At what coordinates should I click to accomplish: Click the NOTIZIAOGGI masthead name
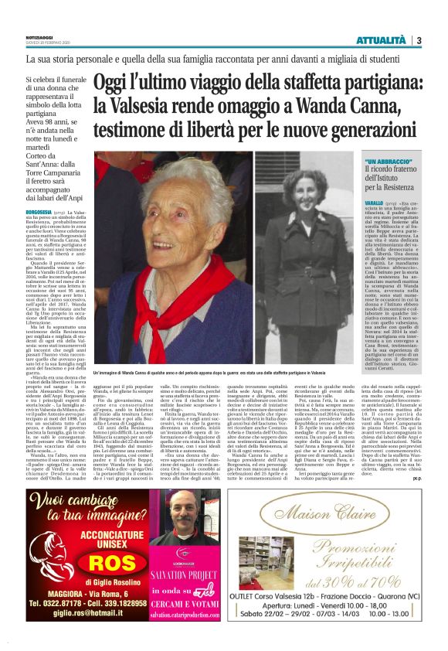[40, 36]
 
